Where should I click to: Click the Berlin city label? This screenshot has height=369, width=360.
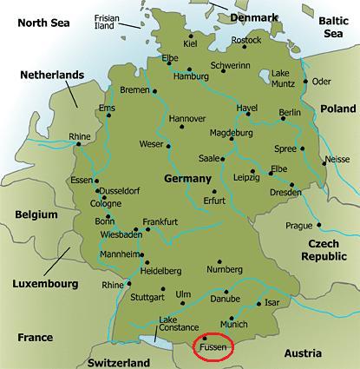[291, 114]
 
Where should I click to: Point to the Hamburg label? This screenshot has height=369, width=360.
[192, 76]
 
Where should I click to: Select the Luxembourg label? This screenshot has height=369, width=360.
[45, 284]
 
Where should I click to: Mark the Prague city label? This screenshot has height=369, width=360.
[298, 226]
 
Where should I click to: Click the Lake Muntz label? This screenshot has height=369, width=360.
[282, 79]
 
